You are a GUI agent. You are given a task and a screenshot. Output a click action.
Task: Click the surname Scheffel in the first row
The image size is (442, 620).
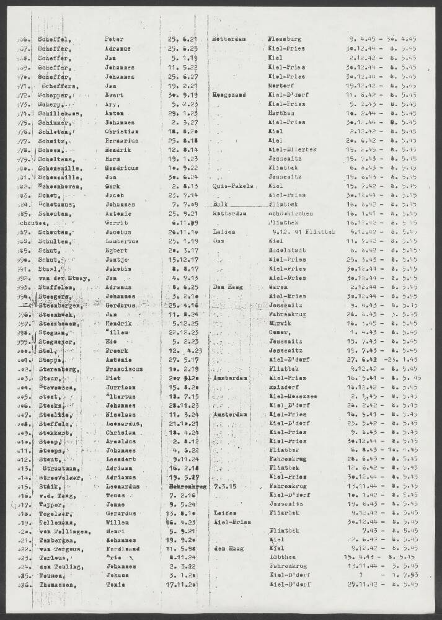point(54,38)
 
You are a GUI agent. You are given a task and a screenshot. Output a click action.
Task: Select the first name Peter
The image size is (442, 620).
point(115,38)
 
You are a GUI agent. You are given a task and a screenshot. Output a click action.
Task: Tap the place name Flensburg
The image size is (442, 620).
point(285,38)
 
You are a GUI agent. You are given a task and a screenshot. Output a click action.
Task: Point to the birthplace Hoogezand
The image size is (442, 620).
point(229,95)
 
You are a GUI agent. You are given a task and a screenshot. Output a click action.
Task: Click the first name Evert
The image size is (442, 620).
point(115,95)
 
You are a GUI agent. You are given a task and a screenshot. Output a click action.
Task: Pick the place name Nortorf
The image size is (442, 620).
point(280,86)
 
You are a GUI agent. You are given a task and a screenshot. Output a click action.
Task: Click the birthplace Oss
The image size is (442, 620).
point(218,241)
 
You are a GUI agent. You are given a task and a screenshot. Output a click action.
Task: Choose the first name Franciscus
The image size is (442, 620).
point(126,384)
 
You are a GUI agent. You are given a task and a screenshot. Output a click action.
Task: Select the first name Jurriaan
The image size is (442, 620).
point(122,404)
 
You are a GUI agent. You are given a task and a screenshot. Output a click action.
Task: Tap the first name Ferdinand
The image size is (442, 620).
point(124,547)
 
